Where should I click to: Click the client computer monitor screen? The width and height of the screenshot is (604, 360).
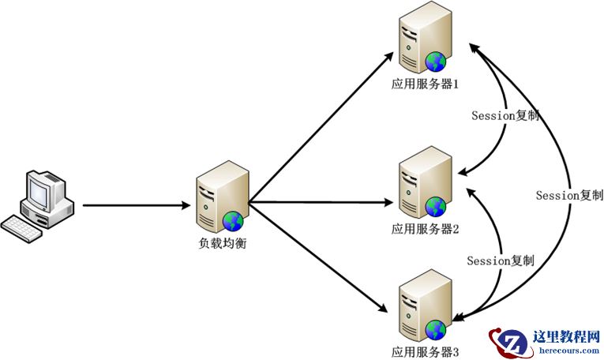39,188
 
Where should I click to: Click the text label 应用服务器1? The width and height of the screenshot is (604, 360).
425,82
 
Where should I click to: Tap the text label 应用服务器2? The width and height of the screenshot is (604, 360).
425,229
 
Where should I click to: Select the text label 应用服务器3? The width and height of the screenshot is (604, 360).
425,350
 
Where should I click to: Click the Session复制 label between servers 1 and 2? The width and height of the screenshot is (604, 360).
505,115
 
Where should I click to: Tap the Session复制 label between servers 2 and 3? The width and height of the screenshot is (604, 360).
500,260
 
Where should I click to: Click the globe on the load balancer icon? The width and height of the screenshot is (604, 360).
232,220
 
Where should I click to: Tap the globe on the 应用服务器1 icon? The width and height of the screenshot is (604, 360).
435,62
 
